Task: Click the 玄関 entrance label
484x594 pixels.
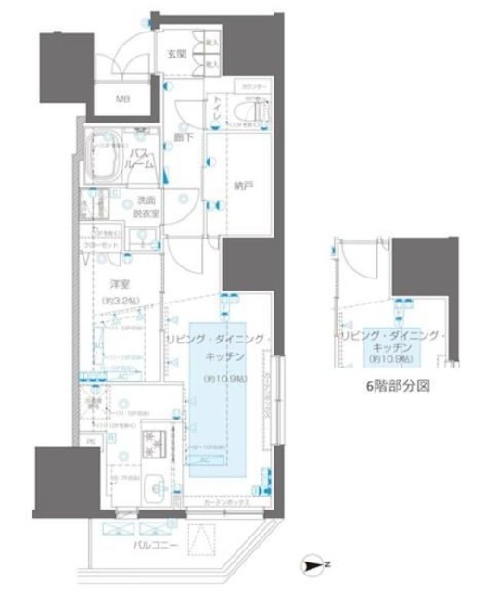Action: point(176,55)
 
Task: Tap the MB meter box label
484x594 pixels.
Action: point(122,99)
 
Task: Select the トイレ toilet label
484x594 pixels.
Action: point(215,106)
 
